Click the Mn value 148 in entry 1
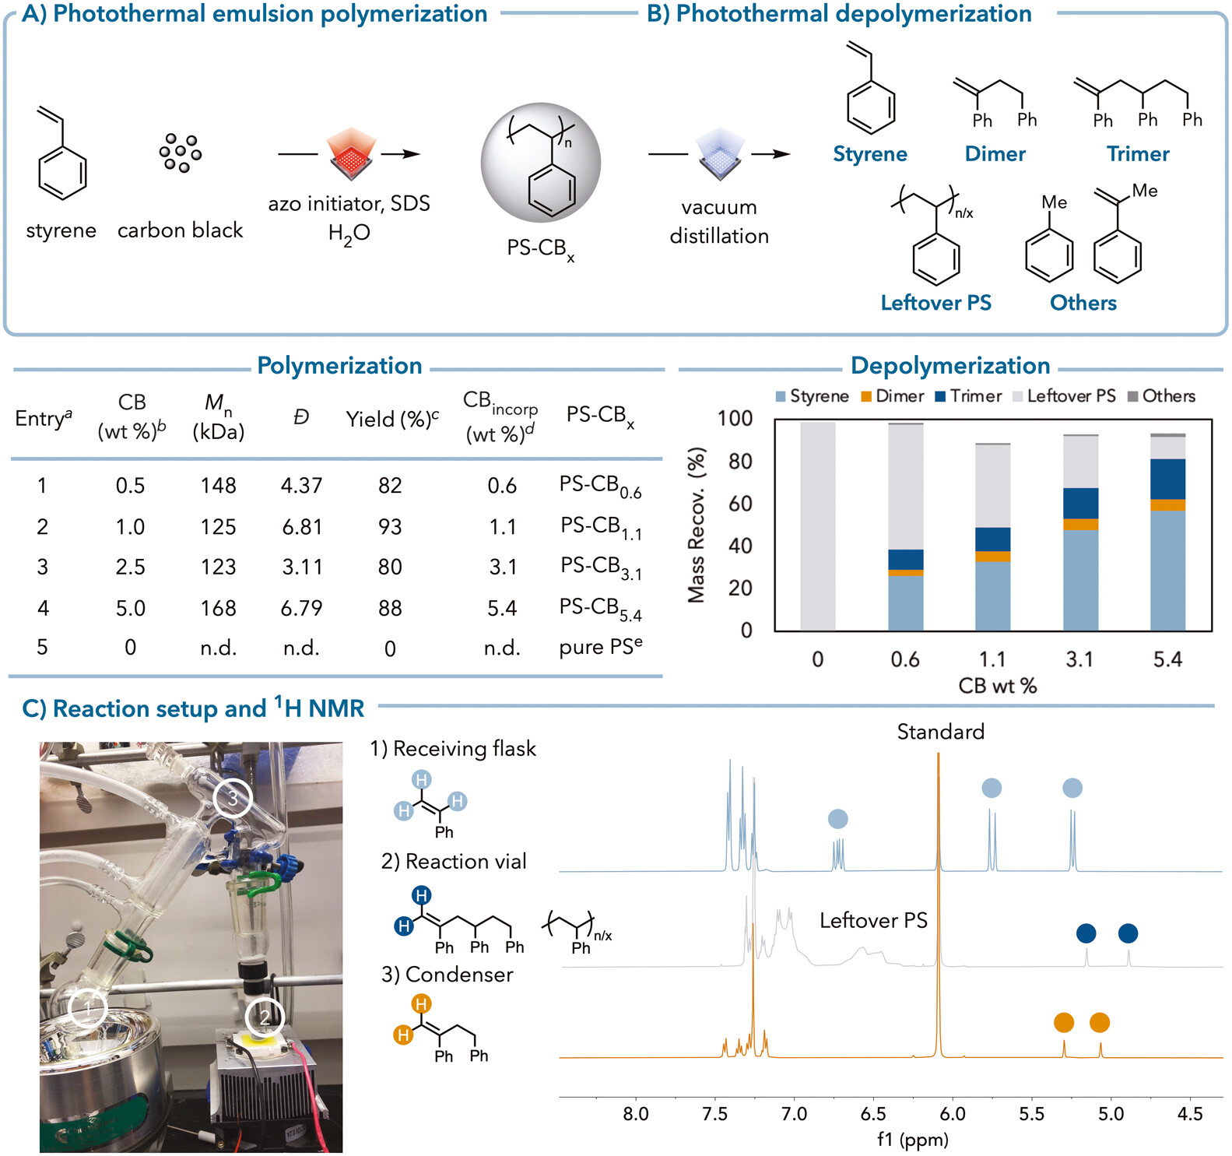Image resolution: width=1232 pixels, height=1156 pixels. coord(218,486)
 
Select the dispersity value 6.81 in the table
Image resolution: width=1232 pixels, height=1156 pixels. coord(302,527)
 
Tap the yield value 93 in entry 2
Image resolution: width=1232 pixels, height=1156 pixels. coord(390,527)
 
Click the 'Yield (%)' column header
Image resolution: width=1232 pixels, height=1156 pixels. coord(392,420)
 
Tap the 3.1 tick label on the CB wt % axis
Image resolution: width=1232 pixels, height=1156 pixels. coord(1079,659)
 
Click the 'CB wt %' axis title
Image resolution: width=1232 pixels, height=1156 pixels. coord(997,686)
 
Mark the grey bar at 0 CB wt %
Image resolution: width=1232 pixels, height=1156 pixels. coord(818,526)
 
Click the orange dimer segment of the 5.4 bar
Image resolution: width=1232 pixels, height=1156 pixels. coord(1167,505)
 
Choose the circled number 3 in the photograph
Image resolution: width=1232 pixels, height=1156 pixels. coord(233,797)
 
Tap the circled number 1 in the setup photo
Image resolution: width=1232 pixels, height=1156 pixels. coord(88,1009)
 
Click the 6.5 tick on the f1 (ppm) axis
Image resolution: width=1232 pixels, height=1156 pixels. coord(873,1114)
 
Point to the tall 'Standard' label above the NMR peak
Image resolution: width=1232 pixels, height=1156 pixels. coord(940,732)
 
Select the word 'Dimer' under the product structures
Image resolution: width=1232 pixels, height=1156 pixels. coord(995,154)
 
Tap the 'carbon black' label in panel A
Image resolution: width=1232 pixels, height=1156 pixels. coord(180,230)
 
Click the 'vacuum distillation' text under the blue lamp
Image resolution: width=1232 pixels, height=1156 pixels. coord(719,222)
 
